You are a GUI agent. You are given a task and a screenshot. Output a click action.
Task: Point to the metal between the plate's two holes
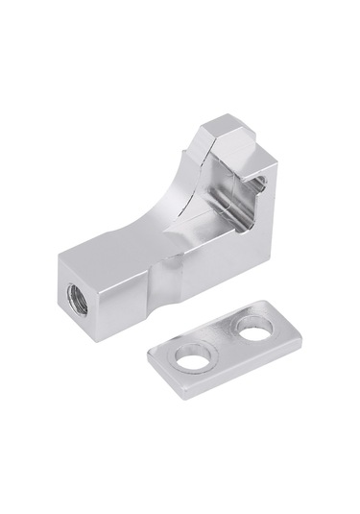coord(224,343)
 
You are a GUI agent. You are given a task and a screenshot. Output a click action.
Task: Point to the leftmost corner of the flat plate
coord(149,354)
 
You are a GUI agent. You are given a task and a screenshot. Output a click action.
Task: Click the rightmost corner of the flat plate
coord(301,335)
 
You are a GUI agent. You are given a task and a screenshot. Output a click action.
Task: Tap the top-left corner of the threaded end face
coord(59,257)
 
